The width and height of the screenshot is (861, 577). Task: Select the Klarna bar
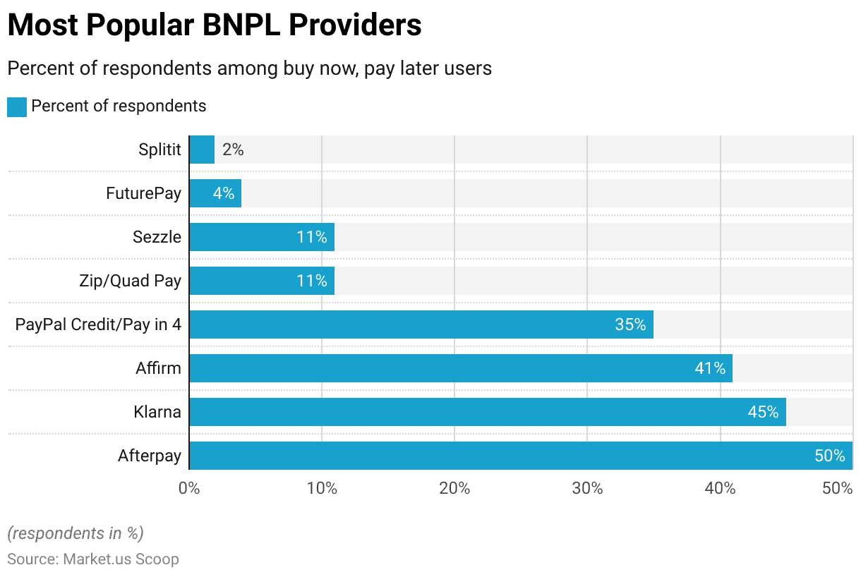(x=488, y=412)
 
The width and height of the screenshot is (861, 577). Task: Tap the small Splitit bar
(x=202, y=150)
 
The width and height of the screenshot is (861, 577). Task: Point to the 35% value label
(x=630, y=324)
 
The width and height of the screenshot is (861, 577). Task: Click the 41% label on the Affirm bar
(x=709, y=368)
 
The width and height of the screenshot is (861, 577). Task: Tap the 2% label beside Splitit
(x=233, y=150)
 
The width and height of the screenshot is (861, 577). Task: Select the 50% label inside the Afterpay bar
(x=829, y=456)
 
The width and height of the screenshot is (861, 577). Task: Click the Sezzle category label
(x=157, y=237)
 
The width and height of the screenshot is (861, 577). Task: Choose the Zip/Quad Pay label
(x=130, y=281)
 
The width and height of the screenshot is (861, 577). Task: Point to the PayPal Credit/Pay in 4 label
(x=98, y=324)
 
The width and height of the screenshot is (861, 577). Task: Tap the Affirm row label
(x=158, y=368)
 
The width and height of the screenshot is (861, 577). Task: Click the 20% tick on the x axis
(x=454, y=488)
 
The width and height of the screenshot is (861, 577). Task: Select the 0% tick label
(x=189, y=488)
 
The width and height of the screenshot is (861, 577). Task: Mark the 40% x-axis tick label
(x=720, y=488)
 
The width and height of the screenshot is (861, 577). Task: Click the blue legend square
(x=17, y=107)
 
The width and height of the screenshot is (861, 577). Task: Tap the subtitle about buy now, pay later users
(x=249, y=68)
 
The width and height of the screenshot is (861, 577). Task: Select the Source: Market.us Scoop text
(x=93, y=559)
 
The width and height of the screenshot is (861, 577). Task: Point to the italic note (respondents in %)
(x=76, y=533)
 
